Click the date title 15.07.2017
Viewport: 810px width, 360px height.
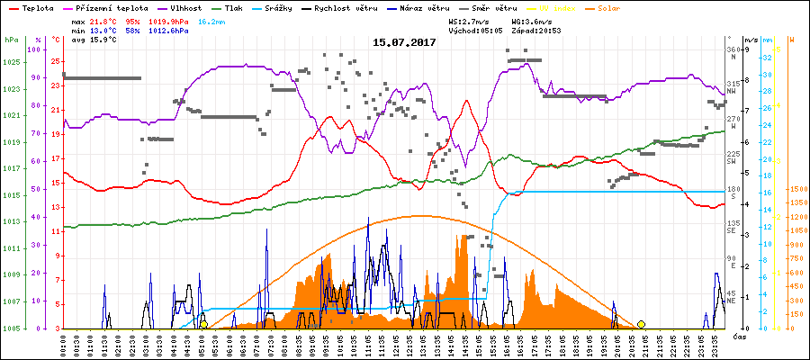pos(404,42)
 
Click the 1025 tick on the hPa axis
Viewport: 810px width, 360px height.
pos(11,62)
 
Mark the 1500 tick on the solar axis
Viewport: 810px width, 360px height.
pos(796,190)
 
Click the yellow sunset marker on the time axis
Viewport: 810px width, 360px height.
pos(641,324)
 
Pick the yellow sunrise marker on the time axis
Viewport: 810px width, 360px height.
pos(204,324)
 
